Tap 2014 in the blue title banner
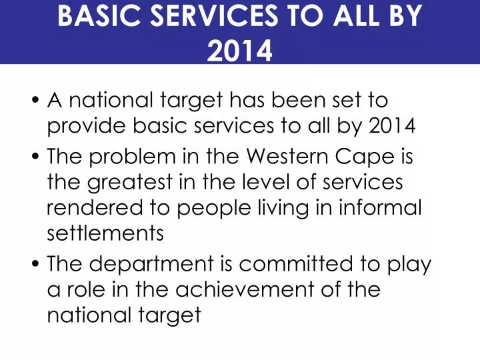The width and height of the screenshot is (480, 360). [240, 50]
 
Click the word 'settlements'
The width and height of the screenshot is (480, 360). [105, 234]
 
